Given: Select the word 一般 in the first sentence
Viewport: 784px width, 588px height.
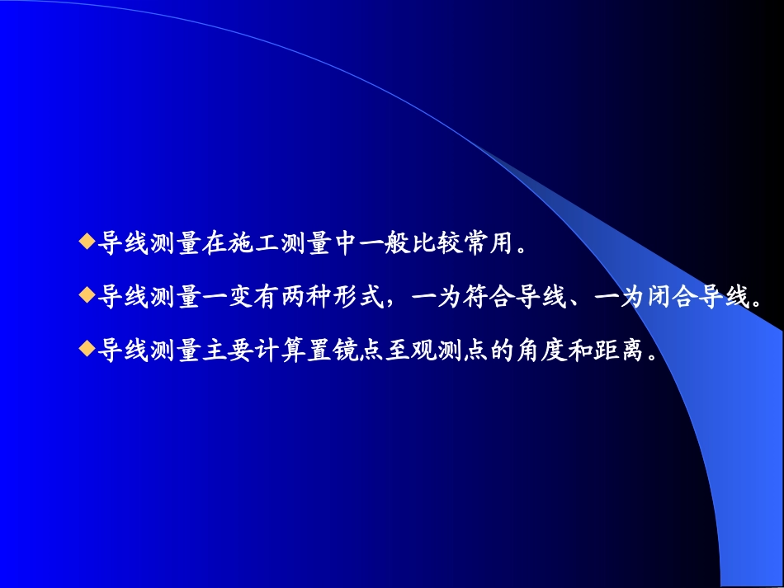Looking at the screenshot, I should click(x=384, y=243).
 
